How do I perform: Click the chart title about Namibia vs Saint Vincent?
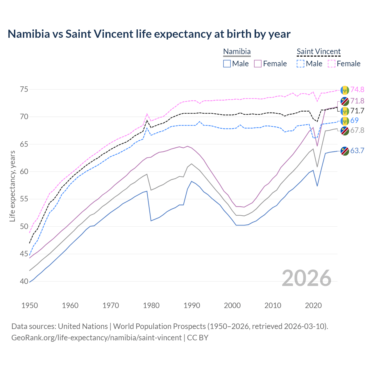[x=149, y=34]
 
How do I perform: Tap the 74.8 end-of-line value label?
[x=357, y=90]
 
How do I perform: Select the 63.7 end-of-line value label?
[x=357, y=151]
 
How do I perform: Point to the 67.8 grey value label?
[x=357, y=130]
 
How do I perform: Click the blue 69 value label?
[x=354, y=120]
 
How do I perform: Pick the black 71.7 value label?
[x=357, y=111]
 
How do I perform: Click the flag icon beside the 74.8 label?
[x=345, y=90]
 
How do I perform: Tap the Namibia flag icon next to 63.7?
[x=345, y=151]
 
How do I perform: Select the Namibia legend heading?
[x=237, y=51]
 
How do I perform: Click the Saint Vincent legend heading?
[x=319, y=51]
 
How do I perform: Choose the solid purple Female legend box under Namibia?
[x=258, y=64]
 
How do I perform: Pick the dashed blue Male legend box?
[x=301, y=64]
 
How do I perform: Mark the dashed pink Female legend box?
[x=332, y=64]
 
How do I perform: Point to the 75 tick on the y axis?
[x=24, y=89]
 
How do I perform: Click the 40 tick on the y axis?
[x=24, y=281]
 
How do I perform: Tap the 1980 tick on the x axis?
[x=151, y=305]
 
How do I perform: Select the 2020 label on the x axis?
[x=313, y=305]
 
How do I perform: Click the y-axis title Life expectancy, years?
[x=12, y=186]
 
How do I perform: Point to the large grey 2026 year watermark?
[x=307, y=278]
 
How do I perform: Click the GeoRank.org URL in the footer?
[x=96, y=338]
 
